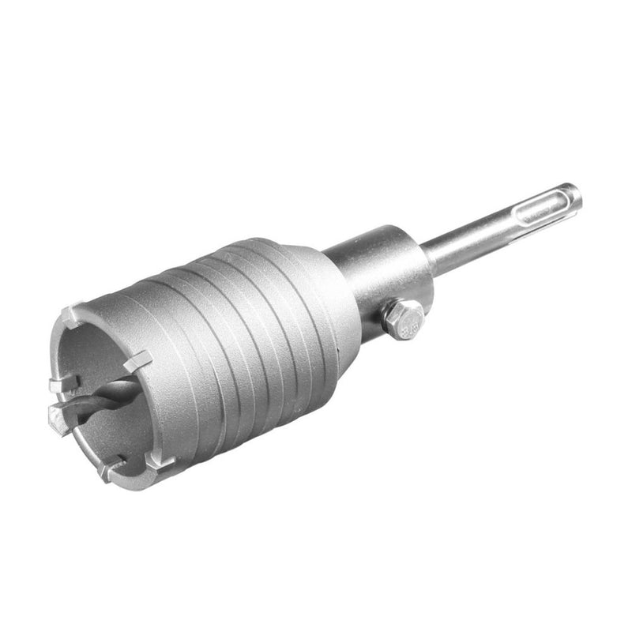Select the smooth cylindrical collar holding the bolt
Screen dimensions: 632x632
coord(379,265)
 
